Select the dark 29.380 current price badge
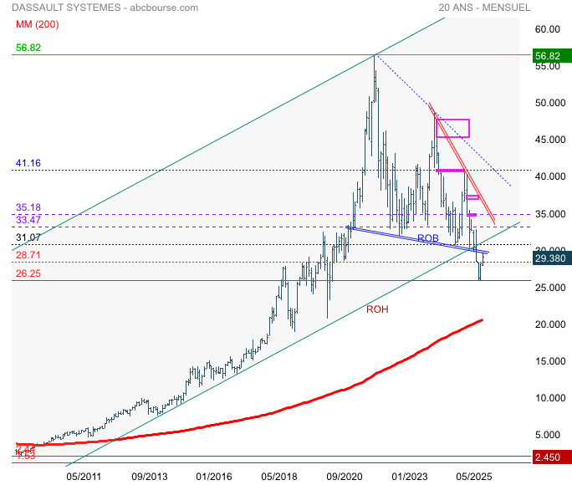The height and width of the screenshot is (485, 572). pos(553,259)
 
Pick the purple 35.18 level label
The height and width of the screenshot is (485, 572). pos(28,207)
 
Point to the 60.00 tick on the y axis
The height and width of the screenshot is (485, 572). pos(547,29)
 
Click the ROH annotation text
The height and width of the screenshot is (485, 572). pos(378,309)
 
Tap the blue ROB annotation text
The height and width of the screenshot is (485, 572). pos(429,238)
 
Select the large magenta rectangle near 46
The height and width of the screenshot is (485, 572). pos(452,129)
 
